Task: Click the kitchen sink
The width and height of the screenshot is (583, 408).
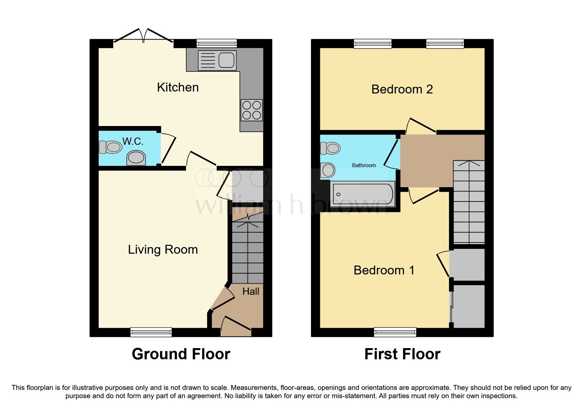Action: coord(217,61)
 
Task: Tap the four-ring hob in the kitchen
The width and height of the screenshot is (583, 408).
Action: coord(252,110)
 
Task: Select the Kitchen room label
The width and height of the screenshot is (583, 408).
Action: coord(178,88)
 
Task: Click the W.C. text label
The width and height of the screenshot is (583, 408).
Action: coord(133,141)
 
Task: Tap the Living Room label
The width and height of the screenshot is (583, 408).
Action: coord(163,250)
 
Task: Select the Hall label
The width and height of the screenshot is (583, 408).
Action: coord(251,292)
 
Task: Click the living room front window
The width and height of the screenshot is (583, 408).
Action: coord(151,332)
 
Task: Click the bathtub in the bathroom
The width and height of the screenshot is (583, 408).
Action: coord(362,194)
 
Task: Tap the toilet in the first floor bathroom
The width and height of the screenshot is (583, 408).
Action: coord(330,148)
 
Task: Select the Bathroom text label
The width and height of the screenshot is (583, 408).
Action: coord(364,165)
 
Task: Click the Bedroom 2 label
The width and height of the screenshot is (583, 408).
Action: coord(402,89)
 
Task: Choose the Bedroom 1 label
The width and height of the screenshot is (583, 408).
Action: coord(384,270)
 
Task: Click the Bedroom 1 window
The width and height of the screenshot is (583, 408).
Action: coord(395,332)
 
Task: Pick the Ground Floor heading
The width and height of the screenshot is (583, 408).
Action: coord(181,354)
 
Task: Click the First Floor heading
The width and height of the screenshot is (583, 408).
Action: coord(402,354)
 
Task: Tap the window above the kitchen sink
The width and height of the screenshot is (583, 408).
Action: coord(217,43)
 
